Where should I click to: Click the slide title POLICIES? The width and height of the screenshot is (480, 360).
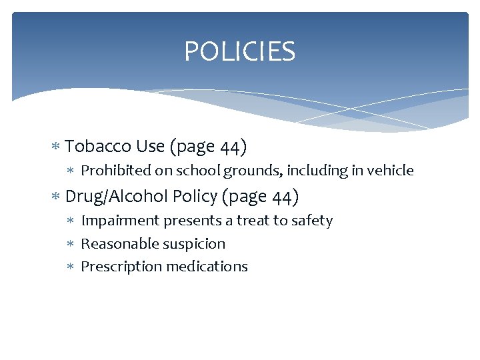click(239, 52)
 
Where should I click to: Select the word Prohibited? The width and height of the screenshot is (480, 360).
click(116, 171)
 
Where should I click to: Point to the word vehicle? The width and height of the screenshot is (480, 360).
click(391, 171)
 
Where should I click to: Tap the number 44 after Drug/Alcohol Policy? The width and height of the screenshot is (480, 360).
click(285, 197)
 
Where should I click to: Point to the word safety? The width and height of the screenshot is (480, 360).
click(313, 221)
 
